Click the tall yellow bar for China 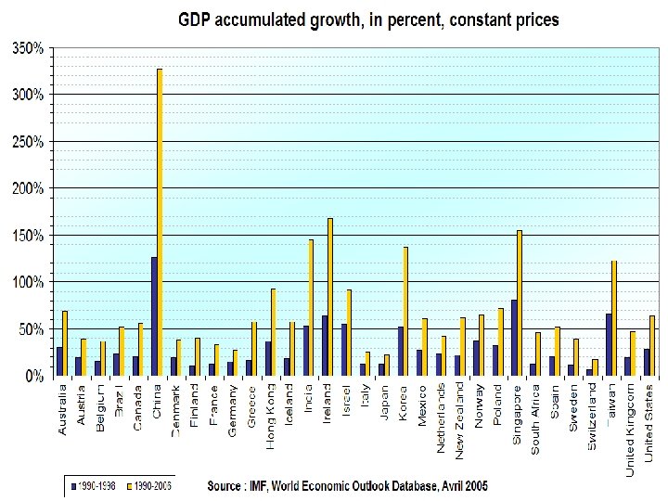(x=160, y=223)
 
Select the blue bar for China (x=154, y=316)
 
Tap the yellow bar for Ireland (x=330, y=297)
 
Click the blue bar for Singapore (x=514, y=338)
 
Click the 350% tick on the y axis (x=27, y=48)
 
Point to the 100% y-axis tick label (x=27, y=282)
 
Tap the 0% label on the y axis (x=33, y=376)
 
